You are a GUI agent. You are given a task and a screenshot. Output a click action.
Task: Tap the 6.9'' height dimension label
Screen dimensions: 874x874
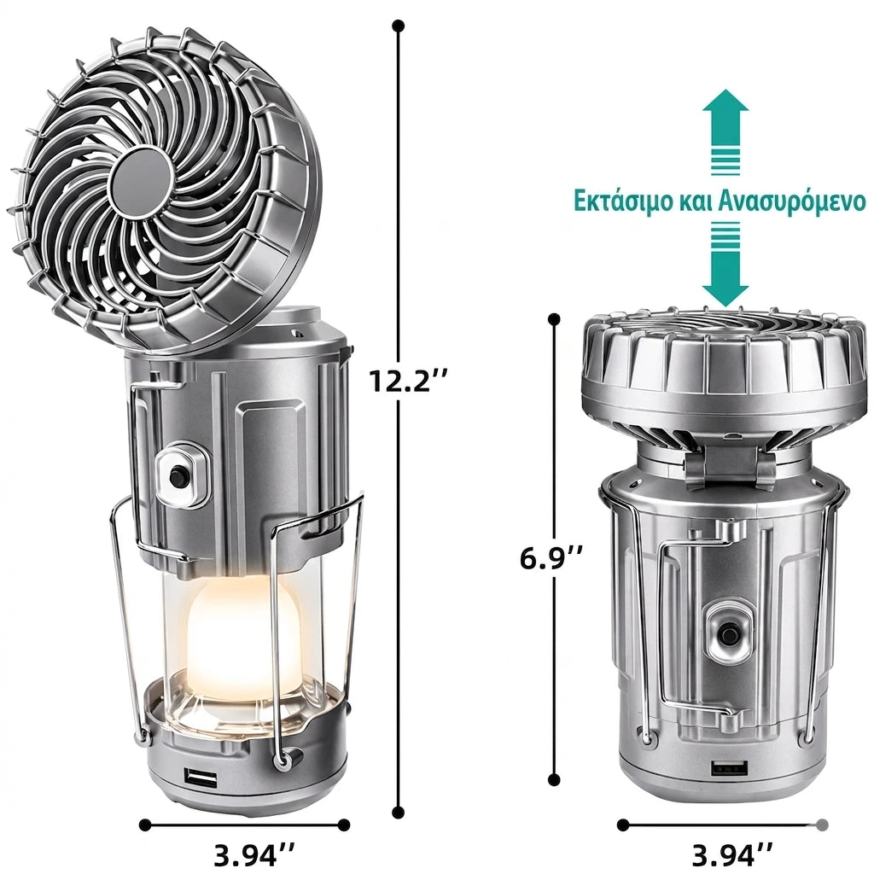[552, 559]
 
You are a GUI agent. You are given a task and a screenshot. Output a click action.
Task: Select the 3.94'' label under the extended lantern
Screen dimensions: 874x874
[254, 854]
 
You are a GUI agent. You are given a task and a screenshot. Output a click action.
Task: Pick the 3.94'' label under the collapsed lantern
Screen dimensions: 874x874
[732, 854]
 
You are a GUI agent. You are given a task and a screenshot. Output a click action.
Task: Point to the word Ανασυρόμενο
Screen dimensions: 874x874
[791, 201]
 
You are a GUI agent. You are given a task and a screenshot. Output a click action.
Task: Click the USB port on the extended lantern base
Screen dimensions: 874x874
[200, 777]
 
